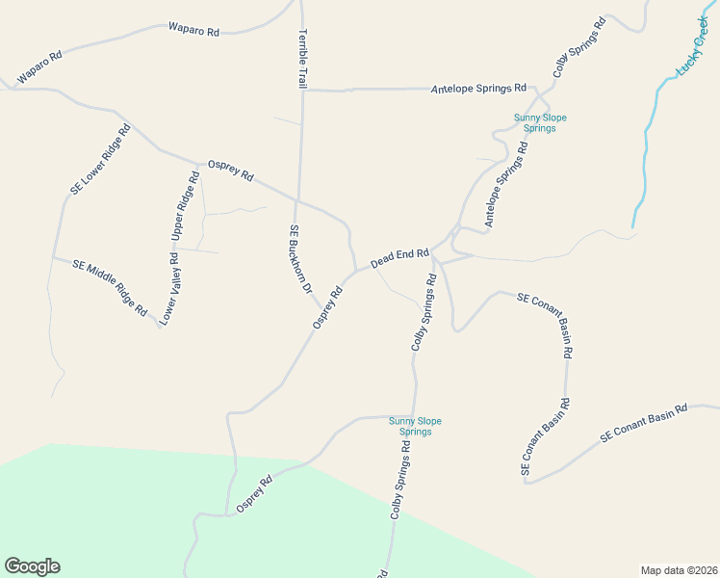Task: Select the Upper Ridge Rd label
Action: [x=185, y=206]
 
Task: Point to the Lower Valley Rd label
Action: [x=169, y=288]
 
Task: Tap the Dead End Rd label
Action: [x=399, y=258]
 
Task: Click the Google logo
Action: [x=32, y=566]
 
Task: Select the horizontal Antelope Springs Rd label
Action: [x=478, y=89]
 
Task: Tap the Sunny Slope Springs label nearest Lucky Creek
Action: [x=540, y=123]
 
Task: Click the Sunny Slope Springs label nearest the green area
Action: [x=415, y=426]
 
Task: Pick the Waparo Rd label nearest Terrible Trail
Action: [x=193, y=30]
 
